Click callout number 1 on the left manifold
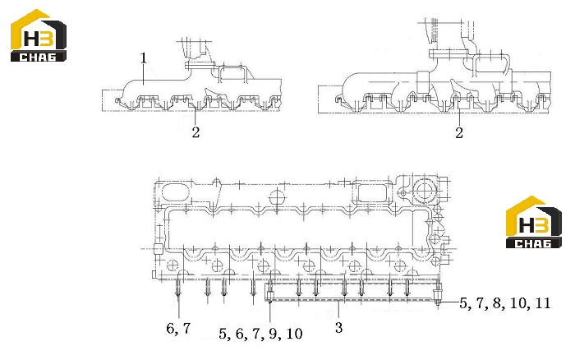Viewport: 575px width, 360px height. pyautogui.click(x=144, y=58)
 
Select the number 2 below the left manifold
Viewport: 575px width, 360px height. pyautogui.click(x=195, y=132)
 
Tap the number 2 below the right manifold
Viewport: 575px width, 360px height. pyautogui.click(x=459, y=133)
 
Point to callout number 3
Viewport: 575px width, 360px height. pyautogui.click(x=338, y=327)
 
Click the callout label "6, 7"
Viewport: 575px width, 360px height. pyautogui.click(x=178, y=328)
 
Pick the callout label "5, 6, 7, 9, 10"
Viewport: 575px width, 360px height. pyautogui.click(x=260, y=334)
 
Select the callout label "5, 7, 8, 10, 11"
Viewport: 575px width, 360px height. pyautogui.click(x=505, y=303)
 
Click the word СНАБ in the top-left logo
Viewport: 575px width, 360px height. pyautogui.click(x=38, y=57)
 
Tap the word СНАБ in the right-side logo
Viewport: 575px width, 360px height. pyautogui.click(x=533, y=243)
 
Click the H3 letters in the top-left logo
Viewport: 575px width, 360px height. pyautogui.click(x=39, y=38)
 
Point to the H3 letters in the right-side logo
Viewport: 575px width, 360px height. pyautogui.click(x=534, y=224)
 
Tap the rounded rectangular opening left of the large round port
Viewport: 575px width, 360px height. pyautogui.click(x=371, y=193)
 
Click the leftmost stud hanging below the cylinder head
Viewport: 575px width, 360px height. pyautogui.click(x=178, y=288)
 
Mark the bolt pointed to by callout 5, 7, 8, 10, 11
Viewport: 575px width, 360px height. pyautogui.click(x=437, y=294)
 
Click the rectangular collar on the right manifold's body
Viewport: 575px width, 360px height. pyautogui.click(x=423, y=82)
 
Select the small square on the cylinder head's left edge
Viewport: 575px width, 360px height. pyautogui.click(x=158, y=249)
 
